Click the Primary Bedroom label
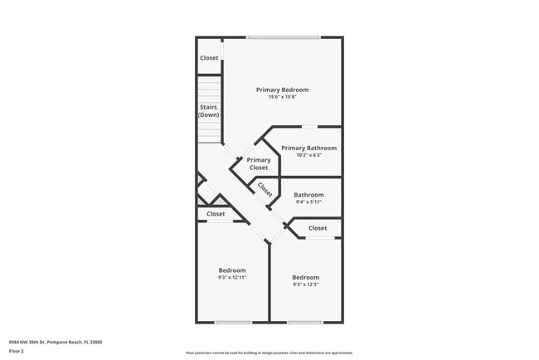(282, 90)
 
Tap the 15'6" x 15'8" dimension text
(282, 97)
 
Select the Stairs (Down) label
(209, 110)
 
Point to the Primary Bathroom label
(308, 148)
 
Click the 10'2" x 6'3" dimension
(308, 155)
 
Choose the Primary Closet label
(259, 163)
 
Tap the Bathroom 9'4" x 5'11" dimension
(308, 202)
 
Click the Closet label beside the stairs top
(209, 58)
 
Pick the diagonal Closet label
(265, 189)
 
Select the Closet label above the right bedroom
(318, 228)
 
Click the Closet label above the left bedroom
(216, 214)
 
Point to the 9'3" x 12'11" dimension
(232, 277)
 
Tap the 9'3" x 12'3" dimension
(306, 285)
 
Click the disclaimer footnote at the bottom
(269, 353)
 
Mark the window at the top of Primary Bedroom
(283, 36)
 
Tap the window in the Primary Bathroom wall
(308, 126)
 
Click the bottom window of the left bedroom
(232, 322)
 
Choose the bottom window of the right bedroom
(305, 322)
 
